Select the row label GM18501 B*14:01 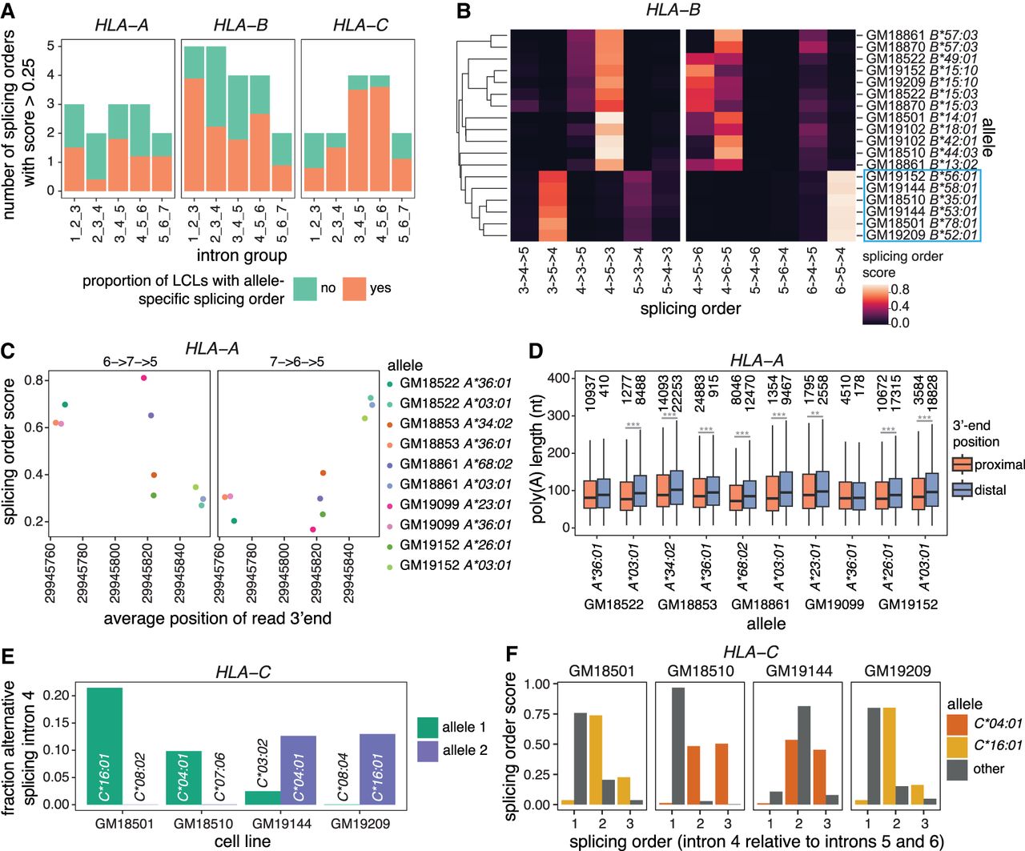922,118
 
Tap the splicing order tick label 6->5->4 840,269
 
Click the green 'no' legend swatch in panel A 305,289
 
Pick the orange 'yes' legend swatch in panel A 354,289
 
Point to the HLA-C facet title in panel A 360,26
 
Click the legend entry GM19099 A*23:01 455,504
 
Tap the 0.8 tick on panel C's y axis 34,380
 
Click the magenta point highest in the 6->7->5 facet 143,378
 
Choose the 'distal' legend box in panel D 963,490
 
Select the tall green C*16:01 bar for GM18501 105,745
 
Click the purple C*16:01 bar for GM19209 378,769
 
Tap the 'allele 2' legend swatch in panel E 428,751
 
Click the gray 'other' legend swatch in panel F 958,769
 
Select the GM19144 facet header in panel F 798,671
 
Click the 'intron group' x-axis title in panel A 241,255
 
